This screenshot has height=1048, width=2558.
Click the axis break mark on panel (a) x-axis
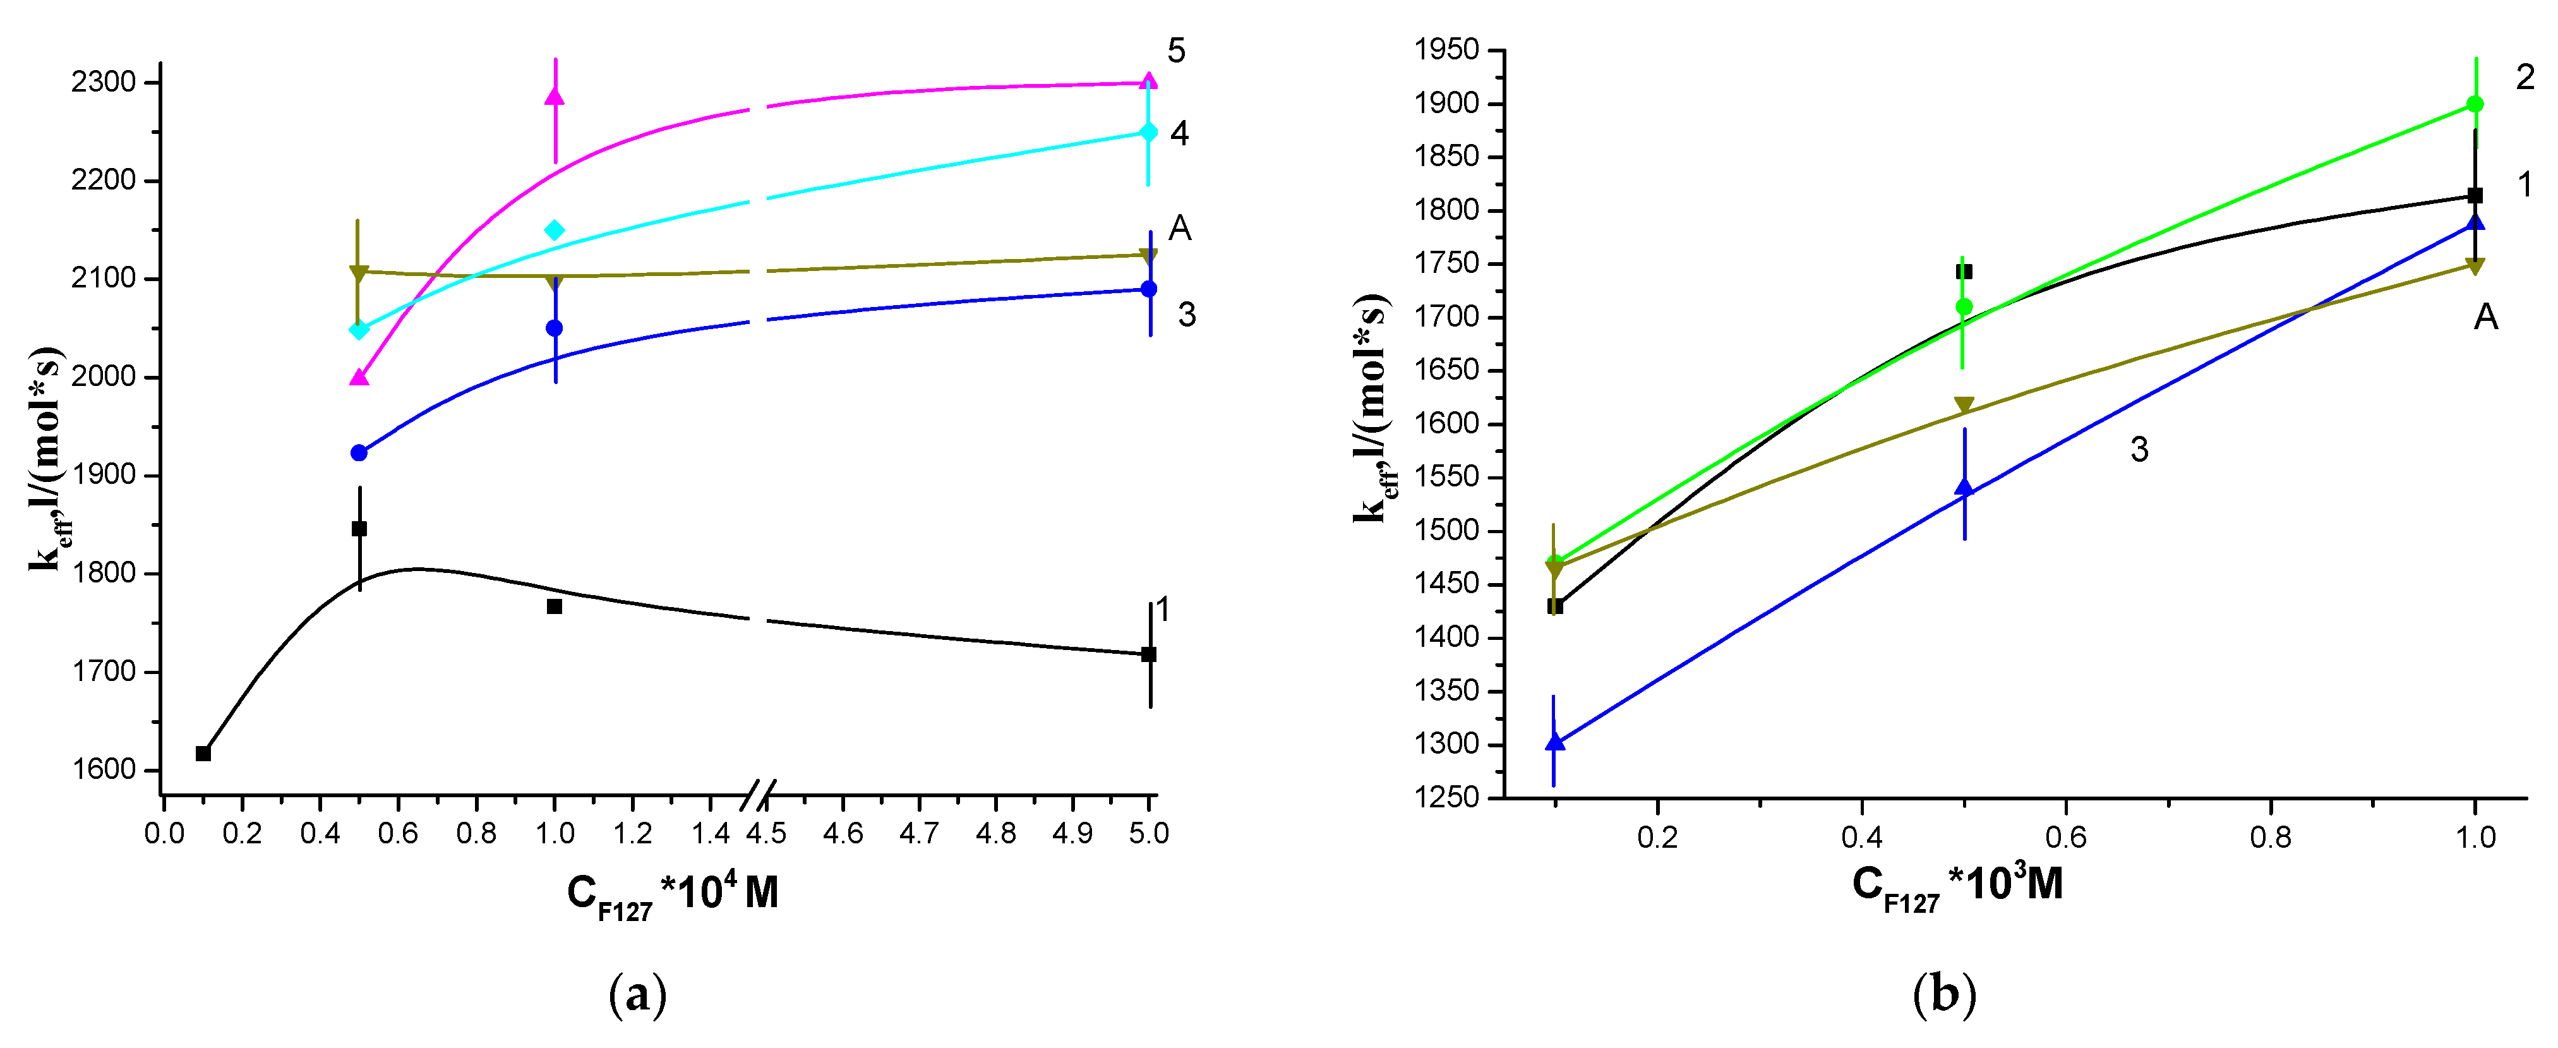click(759, 795)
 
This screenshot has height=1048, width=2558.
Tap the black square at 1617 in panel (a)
click(203, 753)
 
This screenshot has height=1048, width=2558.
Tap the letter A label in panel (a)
click(1180, 229)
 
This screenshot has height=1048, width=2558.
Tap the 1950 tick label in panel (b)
click(1447, 50)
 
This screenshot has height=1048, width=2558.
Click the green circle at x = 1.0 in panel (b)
click(2475, 104)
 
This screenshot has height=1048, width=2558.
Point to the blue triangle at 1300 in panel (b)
click(1555, 742)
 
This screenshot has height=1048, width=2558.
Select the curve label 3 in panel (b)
click(2140, 450)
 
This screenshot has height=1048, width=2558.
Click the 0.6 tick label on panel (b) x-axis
click(2065, 838)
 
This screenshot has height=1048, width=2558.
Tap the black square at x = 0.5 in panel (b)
click(1963, 271)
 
